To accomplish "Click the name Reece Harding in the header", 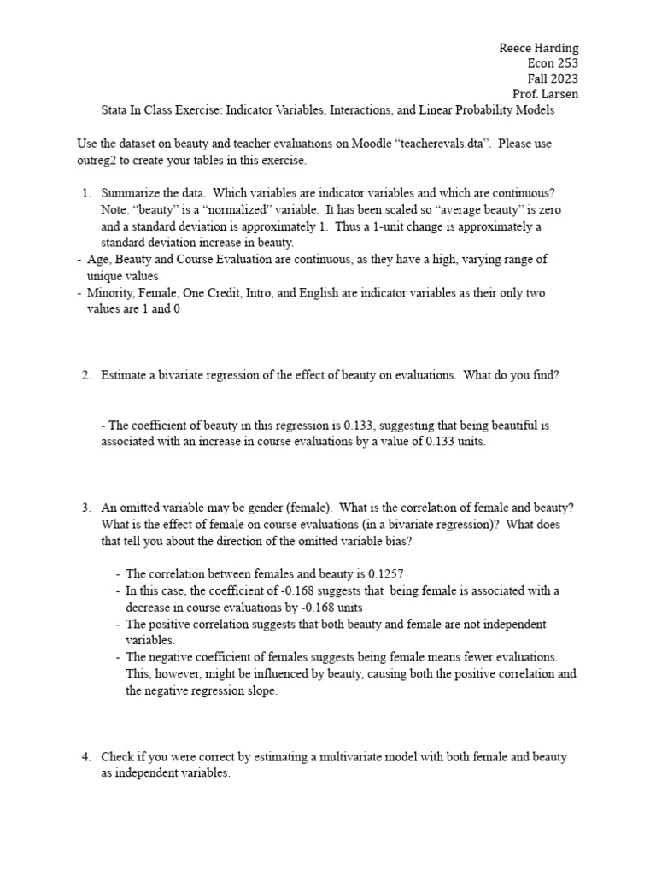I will coord(538,48).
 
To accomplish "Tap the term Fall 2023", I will coord(554,79).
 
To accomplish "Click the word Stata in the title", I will coord(115,110).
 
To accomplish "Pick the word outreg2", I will coord(97,160).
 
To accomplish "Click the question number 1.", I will coord(85,194).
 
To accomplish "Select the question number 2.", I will coord(85,375).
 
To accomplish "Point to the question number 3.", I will coord(85,508).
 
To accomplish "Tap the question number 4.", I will coord(85,757).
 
